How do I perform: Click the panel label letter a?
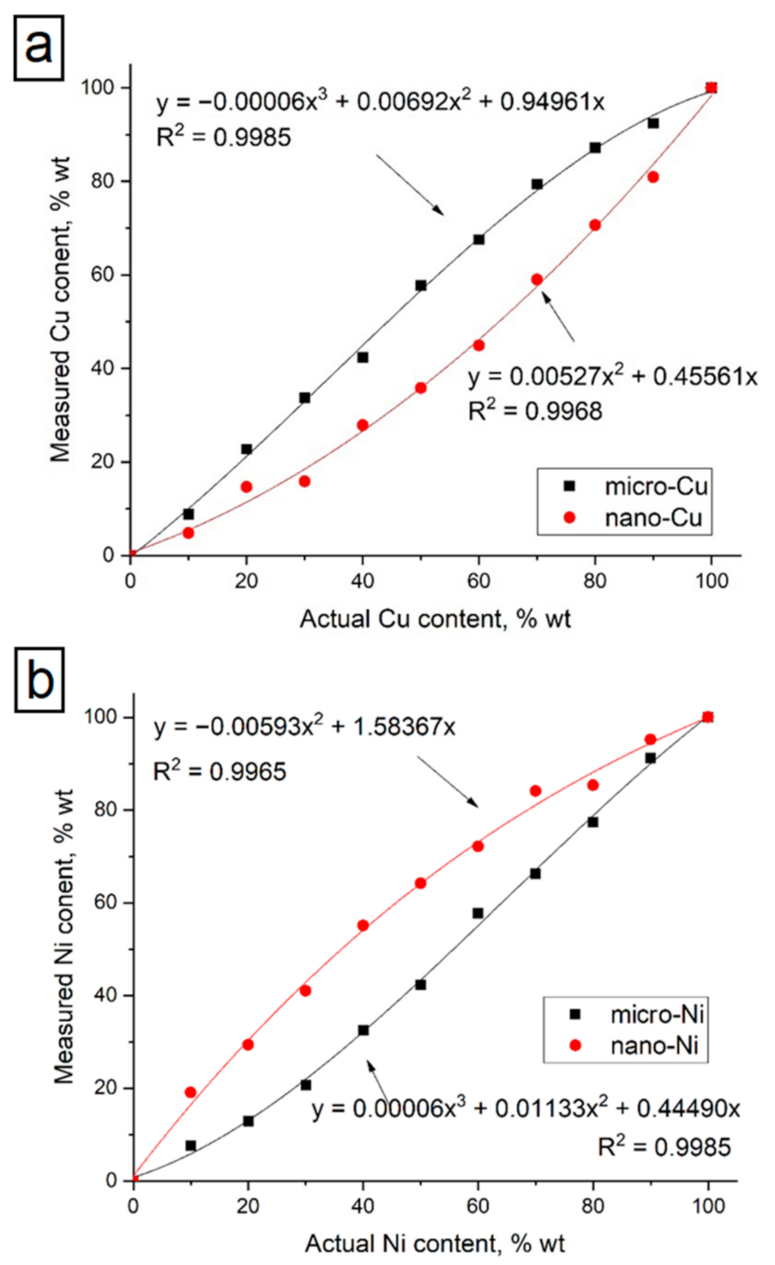coord(39,47)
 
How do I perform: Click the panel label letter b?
coord(39,680)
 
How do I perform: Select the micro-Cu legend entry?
coord(655,486)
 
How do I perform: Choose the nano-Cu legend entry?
coord(653,518)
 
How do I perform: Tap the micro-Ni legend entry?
coord(657,1015)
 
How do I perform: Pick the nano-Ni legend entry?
coord(654,1045)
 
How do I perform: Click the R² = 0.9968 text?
coord(535,411)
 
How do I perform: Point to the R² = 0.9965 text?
coord(219,771)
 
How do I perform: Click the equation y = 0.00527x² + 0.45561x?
coord(612,377)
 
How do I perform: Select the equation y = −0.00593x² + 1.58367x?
coord(304,727)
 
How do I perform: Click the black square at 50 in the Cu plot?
coord(421,286)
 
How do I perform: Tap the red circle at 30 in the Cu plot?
coord(305,482)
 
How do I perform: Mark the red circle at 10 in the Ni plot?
coord(190,1092)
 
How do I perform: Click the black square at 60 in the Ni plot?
coord(478,913)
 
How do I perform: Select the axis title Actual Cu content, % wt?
coord(435,619)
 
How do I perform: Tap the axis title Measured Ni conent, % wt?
coord(64,937)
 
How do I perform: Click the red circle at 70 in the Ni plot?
coord(535,791)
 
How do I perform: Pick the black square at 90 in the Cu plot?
coord(653,124)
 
